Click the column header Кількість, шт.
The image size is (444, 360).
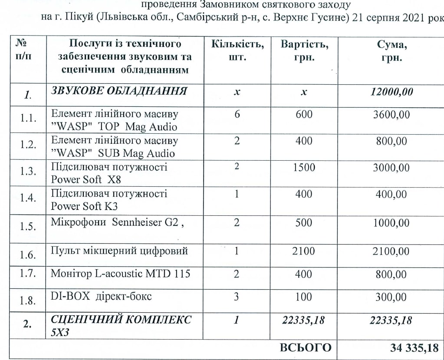pyautogui.click(x=237, y=50)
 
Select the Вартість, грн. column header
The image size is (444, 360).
pyautogui.click(x=304, y=50)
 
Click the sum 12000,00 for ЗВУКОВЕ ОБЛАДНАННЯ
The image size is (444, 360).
pyautogui.click(x=392, y=92)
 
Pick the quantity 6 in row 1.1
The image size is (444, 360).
pyautogui.click(x=237, y=115)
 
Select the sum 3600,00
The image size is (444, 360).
pyautogui.click(x=391, y=116)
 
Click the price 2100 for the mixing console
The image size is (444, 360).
pyautogui.click(x=304, y=251)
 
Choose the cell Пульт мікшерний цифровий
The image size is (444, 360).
pyautogui.click(x=119, y=251)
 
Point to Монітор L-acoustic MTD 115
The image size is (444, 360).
pyautogui.click(x=121, y=274)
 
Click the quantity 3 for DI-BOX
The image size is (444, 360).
pyautogui.click(x=237, y=297)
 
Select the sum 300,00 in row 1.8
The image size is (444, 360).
pyautogui.click(x=391, y=297)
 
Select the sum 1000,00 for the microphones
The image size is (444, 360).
pyautogui.click(x=391, y=223)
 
